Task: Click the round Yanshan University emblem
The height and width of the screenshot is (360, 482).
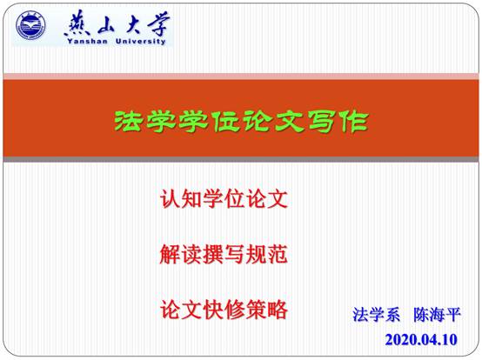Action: click(x=30, y=26)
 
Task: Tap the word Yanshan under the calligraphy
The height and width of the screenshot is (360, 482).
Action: click(x=87, y=41)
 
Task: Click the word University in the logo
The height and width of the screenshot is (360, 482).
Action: click(x=141, y=41)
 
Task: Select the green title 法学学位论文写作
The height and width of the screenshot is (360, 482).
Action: click(x=241, y=122)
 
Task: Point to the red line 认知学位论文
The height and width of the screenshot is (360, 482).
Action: click(x=224, y=199)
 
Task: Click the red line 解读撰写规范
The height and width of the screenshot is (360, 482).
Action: click(x=224, y=254)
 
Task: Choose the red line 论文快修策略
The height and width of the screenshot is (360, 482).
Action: click(x=224, y=310)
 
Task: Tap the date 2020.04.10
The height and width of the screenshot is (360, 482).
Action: click(x=421, y=340)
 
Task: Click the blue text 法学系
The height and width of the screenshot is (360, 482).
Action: click(x=376, y=315)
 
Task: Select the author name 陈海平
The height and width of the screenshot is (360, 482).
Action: click(x=437, y=315)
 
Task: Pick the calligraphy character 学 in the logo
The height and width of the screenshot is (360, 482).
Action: click(x=158, y=23)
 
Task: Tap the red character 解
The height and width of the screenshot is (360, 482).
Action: click(x=170, y=254)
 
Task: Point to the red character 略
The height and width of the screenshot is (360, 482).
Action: click(x=278, y=310)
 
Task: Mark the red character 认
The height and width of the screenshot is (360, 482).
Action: click(x=170, y=199)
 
